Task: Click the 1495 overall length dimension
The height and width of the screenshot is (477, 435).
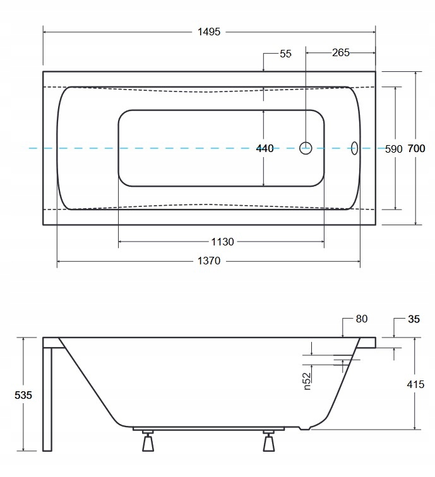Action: [x=208, y=32]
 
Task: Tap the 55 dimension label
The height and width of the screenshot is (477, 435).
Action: [x=285, y=54]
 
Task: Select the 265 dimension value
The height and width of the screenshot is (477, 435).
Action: [x=340, y=52]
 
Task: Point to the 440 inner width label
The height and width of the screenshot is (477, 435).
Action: [x=265, y=149]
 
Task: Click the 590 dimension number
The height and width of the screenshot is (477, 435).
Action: [x=393, y=149]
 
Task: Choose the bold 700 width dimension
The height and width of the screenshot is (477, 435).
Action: [x=416, y=149]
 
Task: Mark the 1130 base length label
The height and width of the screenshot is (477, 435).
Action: [x=221, y=242]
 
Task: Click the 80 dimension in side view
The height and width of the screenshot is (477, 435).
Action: [x=361, y=319]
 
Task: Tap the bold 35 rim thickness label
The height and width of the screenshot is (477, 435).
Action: [x=414, y=319]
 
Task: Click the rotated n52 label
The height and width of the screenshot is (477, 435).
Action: [x=307, y=380]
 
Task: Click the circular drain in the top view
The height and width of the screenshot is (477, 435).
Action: [x=306, y=148]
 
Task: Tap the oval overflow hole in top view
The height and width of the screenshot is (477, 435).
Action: [x=354, y=148]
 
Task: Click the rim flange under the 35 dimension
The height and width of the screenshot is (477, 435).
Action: [x=369, y=342]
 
